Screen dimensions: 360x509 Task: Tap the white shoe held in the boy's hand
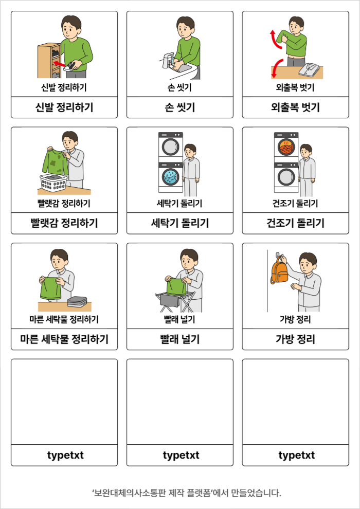71,66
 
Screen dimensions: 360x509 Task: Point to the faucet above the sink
167,60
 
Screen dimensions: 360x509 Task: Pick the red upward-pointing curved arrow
276,39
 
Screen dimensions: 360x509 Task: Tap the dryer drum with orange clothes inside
286,149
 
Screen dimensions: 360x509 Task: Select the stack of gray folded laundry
77,302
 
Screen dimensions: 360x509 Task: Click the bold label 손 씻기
180,107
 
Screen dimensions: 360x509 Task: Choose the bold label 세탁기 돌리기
180,223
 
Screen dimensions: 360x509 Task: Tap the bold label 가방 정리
295,339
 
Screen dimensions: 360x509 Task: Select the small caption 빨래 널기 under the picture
179,320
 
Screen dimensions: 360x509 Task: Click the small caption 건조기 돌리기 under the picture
295,204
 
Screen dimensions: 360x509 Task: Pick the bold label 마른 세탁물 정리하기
64,339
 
